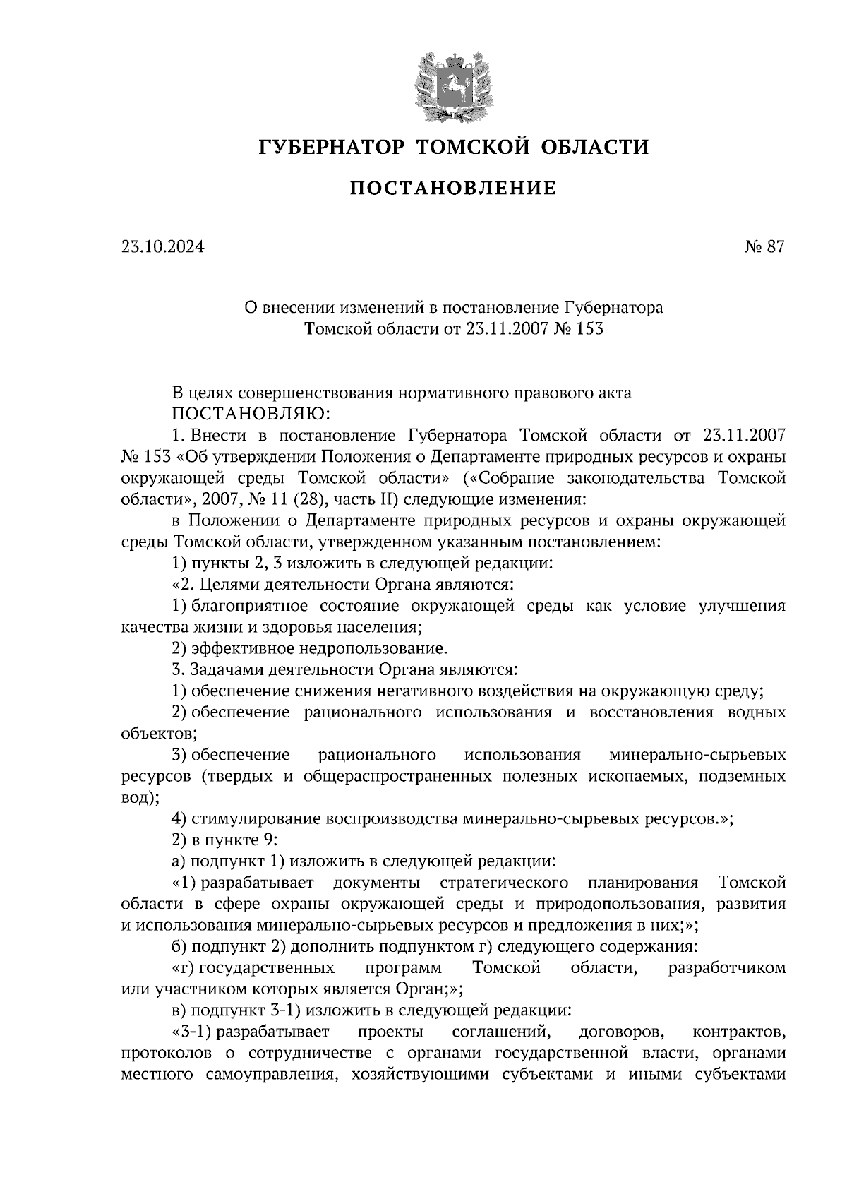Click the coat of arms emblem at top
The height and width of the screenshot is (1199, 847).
[x=452, y=84]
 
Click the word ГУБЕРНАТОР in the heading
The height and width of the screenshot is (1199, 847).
[x=332, y=147]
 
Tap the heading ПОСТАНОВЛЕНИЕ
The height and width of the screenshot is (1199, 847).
[x=452, y=189]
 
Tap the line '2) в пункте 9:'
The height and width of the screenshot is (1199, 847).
[x=228, y=840]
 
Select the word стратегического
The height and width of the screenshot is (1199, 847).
[x=504, y=883]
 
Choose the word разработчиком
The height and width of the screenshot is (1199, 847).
[x=726, y=968]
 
